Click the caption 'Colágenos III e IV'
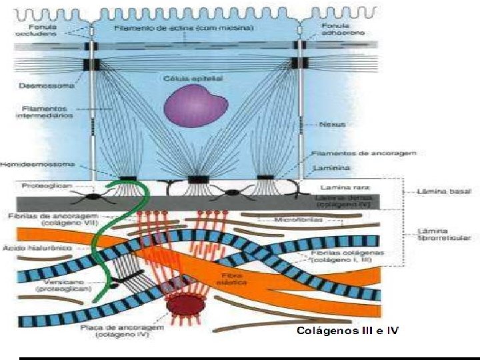tap(347, 331)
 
